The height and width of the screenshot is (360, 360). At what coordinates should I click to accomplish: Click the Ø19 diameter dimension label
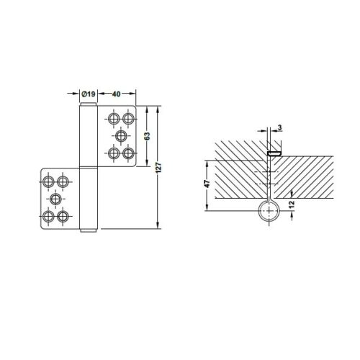(87, 94)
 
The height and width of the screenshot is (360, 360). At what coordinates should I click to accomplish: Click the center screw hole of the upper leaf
(121, 135)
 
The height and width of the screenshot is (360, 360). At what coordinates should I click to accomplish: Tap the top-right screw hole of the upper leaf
(129, 118)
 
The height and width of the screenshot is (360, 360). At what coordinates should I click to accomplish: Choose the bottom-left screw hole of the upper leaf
(114, 153)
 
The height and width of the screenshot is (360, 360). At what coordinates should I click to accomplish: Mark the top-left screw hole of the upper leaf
(114, 118)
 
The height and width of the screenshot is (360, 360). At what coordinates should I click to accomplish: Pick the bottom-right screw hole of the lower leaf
(64, 215)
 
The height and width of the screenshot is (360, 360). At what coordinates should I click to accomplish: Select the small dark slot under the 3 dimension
(274, 153)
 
